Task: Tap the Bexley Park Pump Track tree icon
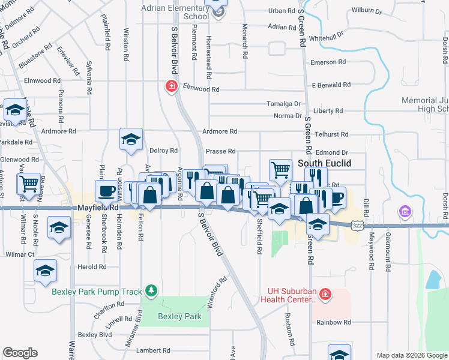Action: [151, 292]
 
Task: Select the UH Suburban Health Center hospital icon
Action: [325, 295]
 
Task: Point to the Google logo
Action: [20, 353]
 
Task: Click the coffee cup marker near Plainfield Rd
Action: [107, 192]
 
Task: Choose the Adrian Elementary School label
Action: [175, 12]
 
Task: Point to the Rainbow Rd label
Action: [334, 322]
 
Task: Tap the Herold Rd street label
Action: [92, 267]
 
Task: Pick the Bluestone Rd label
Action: [27, 53]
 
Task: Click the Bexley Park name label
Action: [179, 316]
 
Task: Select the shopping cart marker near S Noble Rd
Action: [29, 184]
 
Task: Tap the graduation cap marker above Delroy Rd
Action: [130, 140]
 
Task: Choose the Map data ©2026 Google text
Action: [412, 355]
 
